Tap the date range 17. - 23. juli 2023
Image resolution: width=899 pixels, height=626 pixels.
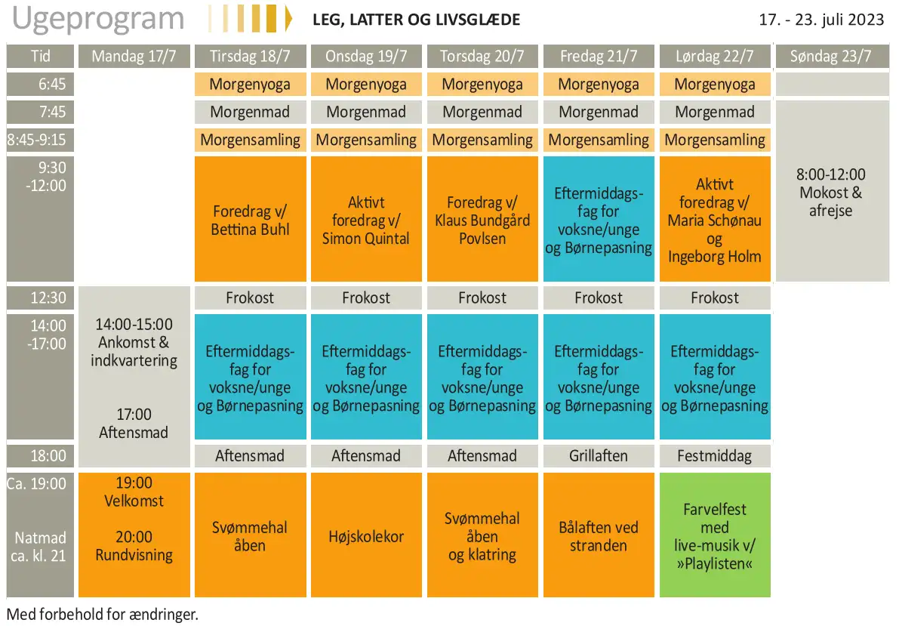point(821,20)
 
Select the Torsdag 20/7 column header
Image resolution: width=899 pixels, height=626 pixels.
point(482,56)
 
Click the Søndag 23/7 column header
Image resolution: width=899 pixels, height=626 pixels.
point(831,56)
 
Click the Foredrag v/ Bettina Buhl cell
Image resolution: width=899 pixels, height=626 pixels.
point(251,219)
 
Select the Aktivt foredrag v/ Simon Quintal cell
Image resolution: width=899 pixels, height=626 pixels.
point(366,219)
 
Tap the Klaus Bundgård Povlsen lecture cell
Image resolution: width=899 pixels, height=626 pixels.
point(482,219)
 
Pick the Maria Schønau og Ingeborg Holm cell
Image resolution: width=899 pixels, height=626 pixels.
point(715,219)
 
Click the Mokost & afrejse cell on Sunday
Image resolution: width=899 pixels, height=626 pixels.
point(832,191)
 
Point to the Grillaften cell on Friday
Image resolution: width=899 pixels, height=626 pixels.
point(599,456)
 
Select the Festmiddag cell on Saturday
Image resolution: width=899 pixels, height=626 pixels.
point(715,456)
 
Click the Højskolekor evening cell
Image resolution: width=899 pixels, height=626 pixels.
point(366,535)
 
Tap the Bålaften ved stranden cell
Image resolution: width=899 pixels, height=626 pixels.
point(599,535)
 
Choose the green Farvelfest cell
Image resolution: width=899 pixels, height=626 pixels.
point(715,535)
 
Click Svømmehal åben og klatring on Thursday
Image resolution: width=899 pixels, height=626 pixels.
point(482,535)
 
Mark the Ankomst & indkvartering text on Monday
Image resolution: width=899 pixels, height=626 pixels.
point(134,352)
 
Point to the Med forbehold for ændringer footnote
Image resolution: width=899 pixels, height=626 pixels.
point(103,615)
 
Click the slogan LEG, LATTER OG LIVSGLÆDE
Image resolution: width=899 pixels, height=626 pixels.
point(416,20)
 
